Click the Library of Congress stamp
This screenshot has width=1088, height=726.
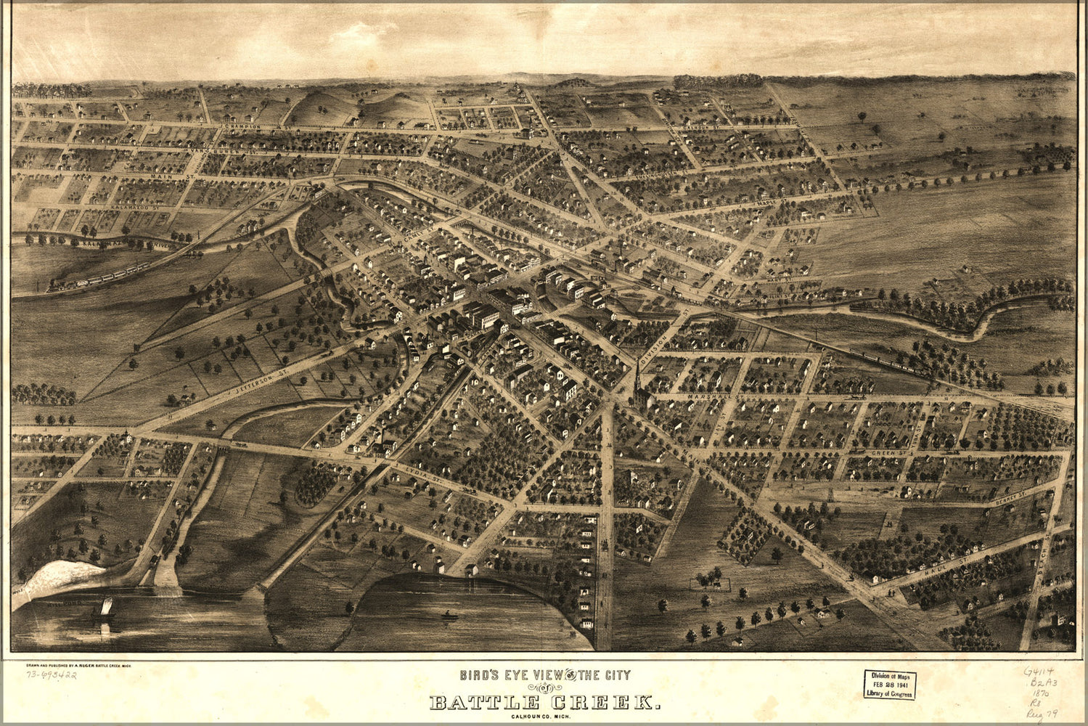tap(889, 684)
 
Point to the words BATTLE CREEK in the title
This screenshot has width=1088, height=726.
tap(544, 703)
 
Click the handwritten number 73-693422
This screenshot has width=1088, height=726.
tap(52, 675)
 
